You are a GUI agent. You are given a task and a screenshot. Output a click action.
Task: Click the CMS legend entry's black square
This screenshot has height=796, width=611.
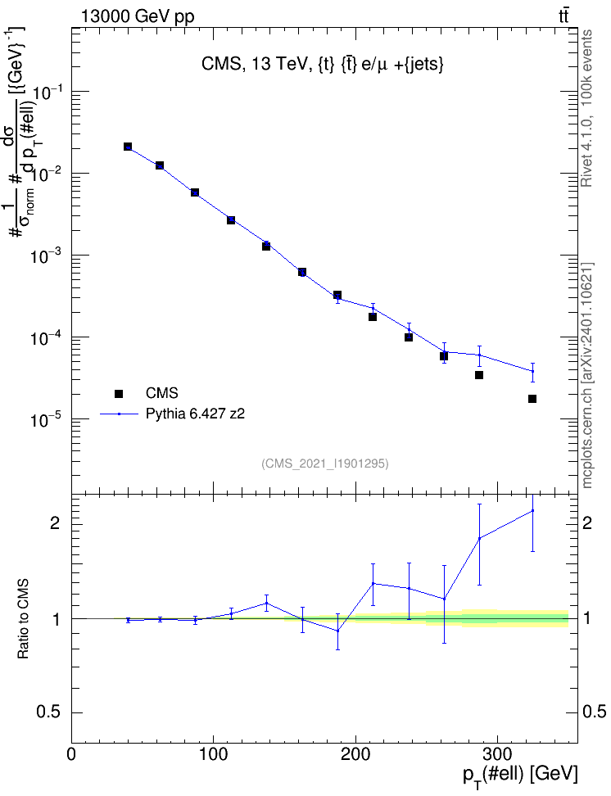(119, 393)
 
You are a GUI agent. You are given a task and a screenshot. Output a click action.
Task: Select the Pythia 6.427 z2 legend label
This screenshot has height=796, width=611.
(195, 414)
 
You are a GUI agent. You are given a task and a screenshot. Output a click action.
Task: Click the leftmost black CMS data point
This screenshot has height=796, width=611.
(128, 147)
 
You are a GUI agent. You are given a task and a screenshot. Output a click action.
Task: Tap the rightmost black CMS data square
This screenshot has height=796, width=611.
(532, 399)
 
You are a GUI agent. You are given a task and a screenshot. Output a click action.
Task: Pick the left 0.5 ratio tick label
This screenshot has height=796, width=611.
(48, 712)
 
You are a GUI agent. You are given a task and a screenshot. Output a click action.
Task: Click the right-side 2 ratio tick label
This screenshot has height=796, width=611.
(587, 523)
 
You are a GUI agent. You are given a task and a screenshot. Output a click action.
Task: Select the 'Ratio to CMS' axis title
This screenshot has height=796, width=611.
(24, 619)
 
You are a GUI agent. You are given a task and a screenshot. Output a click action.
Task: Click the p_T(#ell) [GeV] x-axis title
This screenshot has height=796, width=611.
(520, 776)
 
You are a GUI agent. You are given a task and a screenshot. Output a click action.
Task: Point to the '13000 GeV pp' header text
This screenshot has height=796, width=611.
(138, 16)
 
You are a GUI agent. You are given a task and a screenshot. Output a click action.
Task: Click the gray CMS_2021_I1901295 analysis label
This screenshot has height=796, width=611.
(325, 464)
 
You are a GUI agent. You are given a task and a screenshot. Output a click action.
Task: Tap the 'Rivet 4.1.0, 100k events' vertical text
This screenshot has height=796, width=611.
(586, 108)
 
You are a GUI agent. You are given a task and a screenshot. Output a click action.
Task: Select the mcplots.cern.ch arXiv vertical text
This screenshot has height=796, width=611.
(586, 375)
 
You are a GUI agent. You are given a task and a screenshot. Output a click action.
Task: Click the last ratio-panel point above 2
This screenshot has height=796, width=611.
(532, 511)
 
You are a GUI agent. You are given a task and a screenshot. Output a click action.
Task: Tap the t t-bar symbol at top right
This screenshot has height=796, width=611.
(563, 16)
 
